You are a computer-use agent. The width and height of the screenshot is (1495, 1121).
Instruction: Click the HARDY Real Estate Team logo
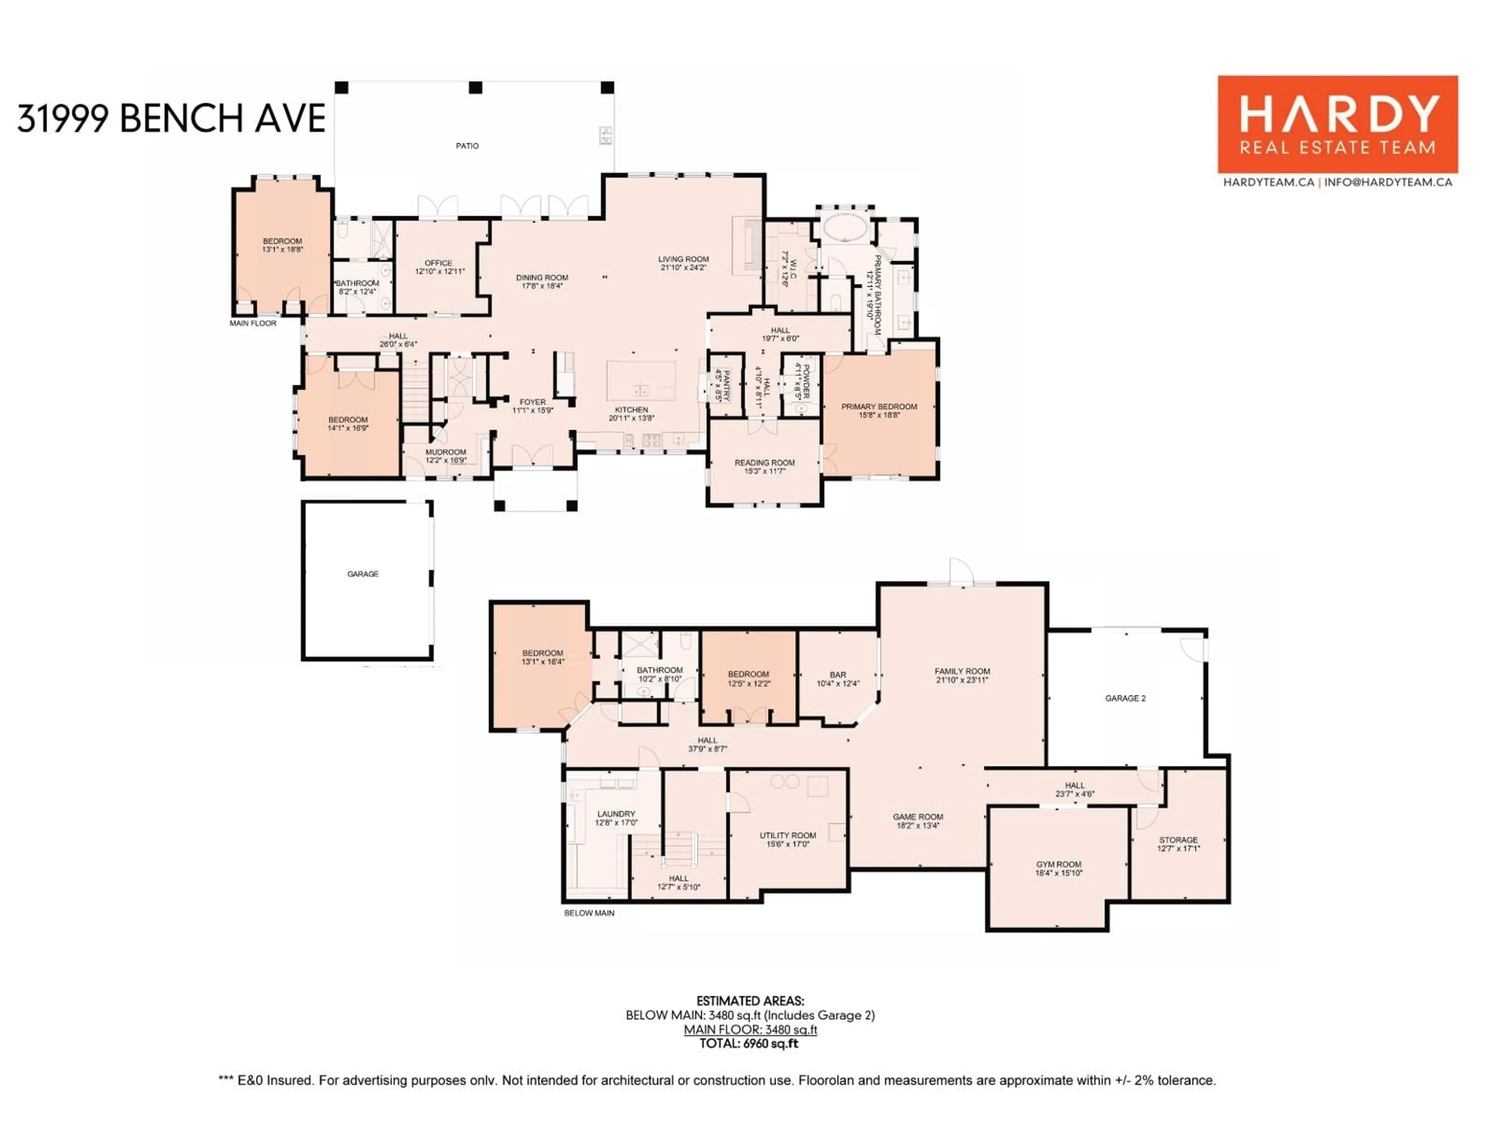coord(1337,124)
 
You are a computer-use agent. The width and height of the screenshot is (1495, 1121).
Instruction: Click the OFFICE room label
coord(439,263)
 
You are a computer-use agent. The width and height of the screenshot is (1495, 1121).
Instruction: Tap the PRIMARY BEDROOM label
coord(879,407)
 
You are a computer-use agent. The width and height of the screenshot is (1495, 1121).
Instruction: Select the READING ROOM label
coord(764,463)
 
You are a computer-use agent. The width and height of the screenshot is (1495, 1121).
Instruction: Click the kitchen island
coord(641,380)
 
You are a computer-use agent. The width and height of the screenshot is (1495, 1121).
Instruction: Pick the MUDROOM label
coord(445,452)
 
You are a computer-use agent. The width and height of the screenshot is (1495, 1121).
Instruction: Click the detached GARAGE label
coord(363,574)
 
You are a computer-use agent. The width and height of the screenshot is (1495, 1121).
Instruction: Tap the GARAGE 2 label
coord(1125,698)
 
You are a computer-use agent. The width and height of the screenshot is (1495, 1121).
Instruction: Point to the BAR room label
coord(837,675)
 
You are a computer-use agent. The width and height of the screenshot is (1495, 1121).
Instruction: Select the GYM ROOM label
coord(1059,864)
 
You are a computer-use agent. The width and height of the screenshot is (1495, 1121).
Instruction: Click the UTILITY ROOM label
coord(787,835)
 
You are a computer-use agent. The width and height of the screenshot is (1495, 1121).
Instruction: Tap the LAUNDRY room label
coord(616,814)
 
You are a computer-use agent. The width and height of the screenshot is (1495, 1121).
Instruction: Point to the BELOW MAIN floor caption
coord(589,913)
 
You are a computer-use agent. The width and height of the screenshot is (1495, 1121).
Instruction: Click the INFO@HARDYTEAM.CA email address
coord(1388,182)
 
